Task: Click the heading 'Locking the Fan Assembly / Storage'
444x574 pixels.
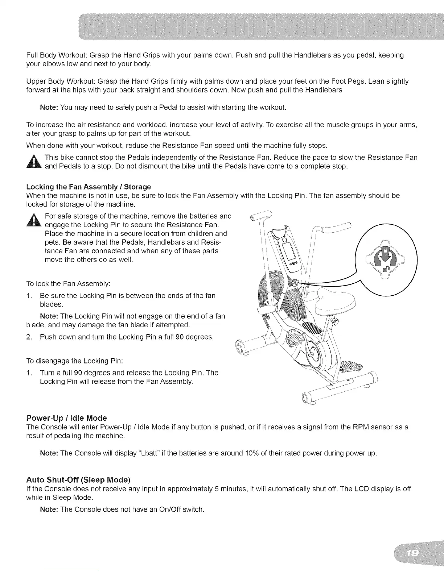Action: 89,187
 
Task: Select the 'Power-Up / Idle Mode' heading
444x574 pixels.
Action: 67,418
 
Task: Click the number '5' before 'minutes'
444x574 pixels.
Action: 217,489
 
